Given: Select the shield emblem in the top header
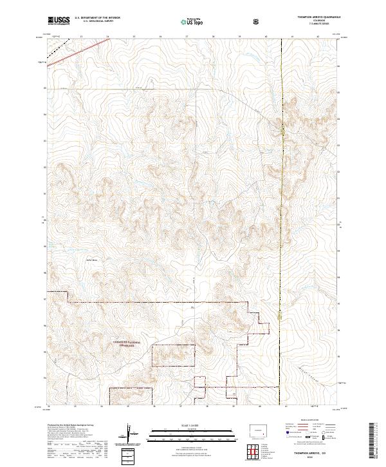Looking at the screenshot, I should pyautogui.click(x=257, y=21).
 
